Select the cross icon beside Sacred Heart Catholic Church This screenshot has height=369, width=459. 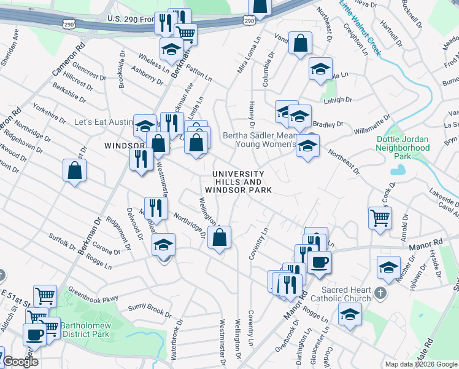381,294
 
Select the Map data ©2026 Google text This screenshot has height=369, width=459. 420,364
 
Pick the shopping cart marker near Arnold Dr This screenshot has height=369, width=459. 380,217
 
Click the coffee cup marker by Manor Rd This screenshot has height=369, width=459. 318,263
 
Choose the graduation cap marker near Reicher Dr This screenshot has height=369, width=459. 388,268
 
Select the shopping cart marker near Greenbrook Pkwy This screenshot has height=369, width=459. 45,296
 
